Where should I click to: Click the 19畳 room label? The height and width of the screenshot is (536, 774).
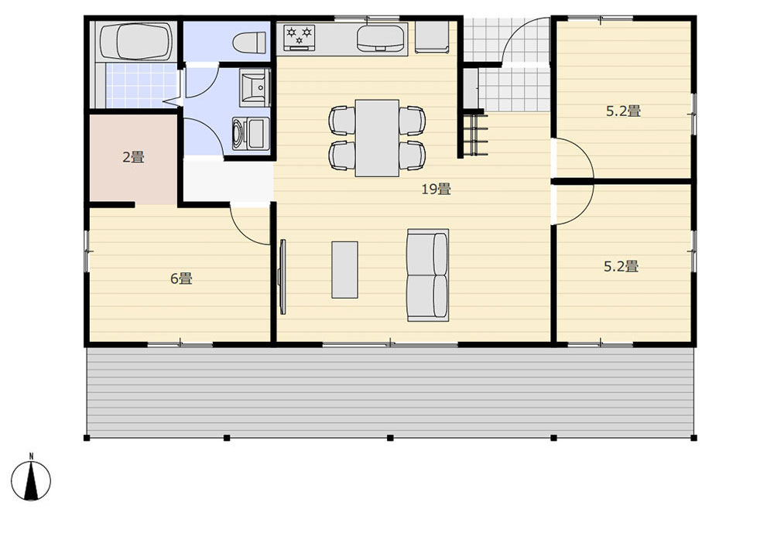pyautogui.click(x=436, y=189)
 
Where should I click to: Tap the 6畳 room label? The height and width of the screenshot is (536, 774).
pyautogui.click(x=181, y=278)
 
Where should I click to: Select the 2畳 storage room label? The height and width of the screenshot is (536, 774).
pyautogui.click(x=133, y=157)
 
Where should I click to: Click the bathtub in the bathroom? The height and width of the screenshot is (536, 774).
pyautogui.click(x=135, y=42)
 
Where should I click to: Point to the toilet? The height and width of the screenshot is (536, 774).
pyautogui.click(x=249, y=43)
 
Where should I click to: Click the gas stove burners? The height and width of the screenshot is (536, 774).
pyautogui.click(x=299, y=37)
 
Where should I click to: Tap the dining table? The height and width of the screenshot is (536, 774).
pyautogui.click(x=377, y=138)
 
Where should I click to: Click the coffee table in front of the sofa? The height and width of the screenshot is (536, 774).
pyautogui.click(x=344, y=269)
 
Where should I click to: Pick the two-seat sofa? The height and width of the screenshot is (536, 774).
pyautogui.click(x=428, y=275)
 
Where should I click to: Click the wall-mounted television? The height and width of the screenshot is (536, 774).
pyautogui.click(x=283, y=277)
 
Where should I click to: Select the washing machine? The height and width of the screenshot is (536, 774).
pyautogui.click(x=251, y=134)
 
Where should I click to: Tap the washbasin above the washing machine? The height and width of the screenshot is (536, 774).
pyautogui.click(x=255, y=87)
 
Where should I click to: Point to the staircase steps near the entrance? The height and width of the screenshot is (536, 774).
pyautogui.click(x=475, y=134)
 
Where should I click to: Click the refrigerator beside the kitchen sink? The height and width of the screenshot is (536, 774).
pyautogui.click(x=431, y=37)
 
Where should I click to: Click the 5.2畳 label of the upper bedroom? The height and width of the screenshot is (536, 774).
pyautogui.click(x=623, y=111)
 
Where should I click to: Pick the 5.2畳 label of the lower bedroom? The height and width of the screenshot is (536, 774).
pyautogui.click(x=621, y=266)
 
